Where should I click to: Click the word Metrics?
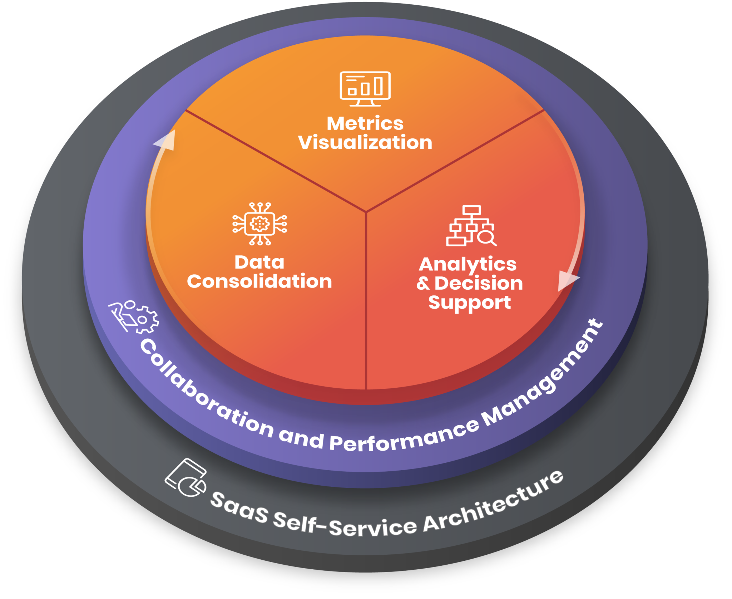coord(365,124)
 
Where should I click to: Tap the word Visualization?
coord(365,143)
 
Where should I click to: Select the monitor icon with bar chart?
coord(365,89)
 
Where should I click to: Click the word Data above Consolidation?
coord(259,262)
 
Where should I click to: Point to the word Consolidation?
coord(259,281)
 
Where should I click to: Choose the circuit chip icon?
coord(260,224)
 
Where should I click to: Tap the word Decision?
coord(479,284)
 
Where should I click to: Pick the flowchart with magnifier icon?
coord(471,226)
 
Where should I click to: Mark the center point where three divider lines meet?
coord(366,212)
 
